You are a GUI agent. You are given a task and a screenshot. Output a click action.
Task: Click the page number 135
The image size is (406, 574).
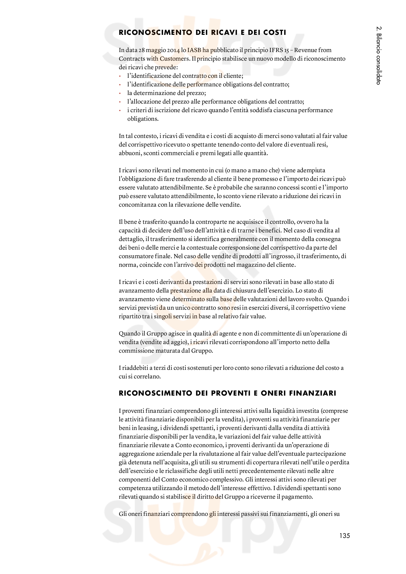[344, 535]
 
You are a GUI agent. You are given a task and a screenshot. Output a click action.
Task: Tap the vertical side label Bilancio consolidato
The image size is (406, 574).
[379, 55]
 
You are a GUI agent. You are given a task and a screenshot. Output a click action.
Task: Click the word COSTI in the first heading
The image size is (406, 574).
[275, 32]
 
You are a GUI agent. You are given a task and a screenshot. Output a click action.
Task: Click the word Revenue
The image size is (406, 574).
[305, 50]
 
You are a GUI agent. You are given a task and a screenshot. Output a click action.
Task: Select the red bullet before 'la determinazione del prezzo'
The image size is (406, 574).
[120, 93]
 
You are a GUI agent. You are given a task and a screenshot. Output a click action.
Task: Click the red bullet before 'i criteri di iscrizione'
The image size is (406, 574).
[120, 110]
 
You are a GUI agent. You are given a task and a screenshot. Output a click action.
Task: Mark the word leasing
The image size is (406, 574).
[148, 428]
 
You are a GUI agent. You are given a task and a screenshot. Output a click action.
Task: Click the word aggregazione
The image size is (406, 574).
[136, 454]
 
